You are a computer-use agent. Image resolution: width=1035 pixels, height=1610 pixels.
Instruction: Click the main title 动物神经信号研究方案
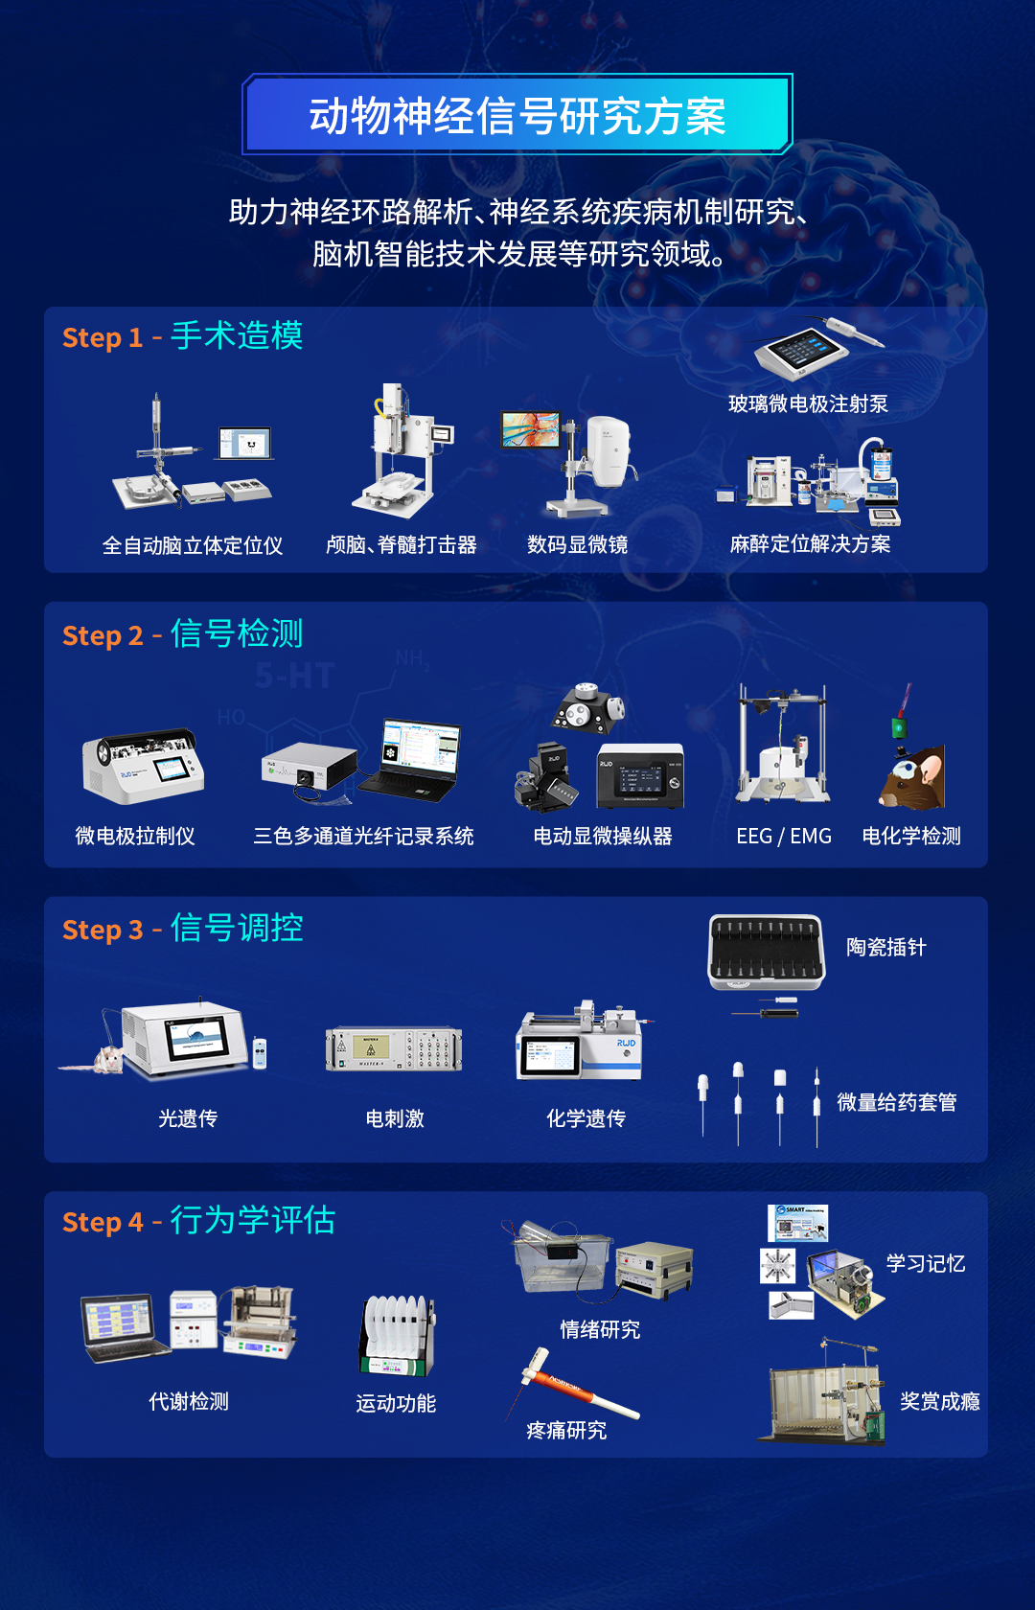point(517,116)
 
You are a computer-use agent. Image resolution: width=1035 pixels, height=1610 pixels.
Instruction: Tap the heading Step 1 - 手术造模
point(182,336)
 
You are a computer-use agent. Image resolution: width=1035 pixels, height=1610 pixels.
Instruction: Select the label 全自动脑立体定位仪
point(192,545)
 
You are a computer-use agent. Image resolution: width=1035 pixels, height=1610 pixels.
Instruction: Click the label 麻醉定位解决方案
point(810,544)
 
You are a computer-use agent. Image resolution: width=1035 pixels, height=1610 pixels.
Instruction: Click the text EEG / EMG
point(783,836)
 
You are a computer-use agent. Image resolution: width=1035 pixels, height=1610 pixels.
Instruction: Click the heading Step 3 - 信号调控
point(182,929)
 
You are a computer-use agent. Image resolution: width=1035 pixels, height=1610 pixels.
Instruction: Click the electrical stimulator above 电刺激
point(394,1049)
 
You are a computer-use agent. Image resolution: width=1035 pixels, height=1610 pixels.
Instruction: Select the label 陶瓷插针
point(885,948)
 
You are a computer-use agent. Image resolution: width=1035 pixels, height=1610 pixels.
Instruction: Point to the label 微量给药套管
point(896,1102)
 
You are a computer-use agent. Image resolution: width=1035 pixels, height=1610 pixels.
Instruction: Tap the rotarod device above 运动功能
point(398,1336)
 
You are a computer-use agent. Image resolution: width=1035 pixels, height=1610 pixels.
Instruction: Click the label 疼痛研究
point(565,1431)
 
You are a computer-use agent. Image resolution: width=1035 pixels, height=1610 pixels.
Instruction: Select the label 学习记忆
point(925,1263)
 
